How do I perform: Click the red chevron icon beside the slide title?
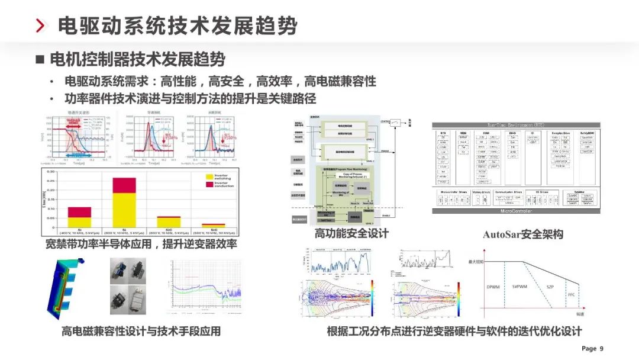tap(40, 26)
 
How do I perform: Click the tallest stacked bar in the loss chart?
tap(124, 202)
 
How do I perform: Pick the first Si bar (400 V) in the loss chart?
tap(79, 217)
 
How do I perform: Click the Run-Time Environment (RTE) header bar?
tap(516, 126)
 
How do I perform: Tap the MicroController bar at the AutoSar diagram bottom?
tap(516, 211)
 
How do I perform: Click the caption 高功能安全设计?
tap(351, 233)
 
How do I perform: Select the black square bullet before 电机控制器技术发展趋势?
tap(40, 59)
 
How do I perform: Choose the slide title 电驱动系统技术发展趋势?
tap(177, 26)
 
